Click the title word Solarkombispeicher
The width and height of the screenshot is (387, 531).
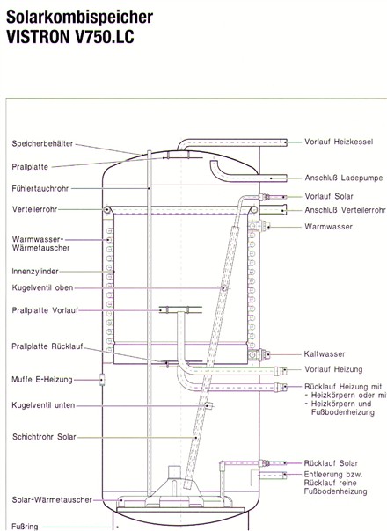click(x=80, y=18)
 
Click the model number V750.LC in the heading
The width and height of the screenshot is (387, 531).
click(x=104, y=36)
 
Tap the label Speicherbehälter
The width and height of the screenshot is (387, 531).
click(x=42, y=143)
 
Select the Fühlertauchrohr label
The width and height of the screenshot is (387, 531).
click(x=40, y=189)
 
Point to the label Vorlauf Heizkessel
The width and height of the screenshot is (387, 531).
click(x=339, y=142)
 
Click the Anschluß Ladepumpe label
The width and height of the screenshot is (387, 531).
click(x=344, y=178)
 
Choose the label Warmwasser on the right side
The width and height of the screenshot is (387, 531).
click(x=328, y=227)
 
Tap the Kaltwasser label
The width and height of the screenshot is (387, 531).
click(x=325, y=354)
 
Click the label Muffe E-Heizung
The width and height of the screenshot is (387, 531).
click(x=42, y=380)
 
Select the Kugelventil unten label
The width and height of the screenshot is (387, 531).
click(x=43, y=405)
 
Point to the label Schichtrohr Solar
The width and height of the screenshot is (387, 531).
click(x=44, y=437)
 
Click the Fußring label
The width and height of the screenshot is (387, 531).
click(x=26, y=527)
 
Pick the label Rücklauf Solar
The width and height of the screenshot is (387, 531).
click(x=331, y=463)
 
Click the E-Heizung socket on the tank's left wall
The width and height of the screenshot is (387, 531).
click(x=102, y=380)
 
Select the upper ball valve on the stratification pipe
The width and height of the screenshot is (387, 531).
click(x=223, y=288)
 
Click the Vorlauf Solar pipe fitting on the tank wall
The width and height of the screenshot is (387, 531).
click(x=265, y=197)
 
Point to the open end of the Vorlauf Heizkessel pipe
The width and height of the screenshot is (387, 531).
click(x=286, y=142)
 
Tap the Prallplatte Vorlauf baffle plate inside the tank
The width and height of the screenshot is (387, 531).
click(x=181, y=309)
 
